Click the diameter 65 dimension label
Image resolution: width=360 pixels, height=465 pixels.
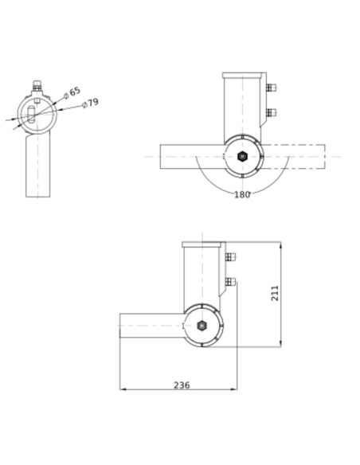[74, 92]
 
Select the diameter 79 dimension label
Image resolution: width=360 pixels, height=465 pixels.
[91, 103]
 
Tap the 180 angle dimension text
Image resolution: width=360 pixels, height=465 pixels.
[242, 194]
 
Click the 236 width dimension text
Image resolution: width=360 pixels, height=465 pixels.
[182, 385]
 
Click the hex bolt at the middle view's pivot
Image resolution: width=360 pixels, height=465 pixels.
[242, 156]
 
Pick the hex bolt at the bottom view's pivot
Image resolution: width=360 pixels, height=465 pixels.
[202, 326]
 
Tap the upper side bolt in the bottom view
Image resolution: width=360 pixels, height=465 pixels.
[230, 257]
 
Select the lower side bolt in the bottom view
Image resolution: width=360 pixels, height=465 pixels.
[230, 281]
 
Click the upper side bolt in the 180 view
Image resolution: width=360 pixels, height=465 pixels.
[271, 88]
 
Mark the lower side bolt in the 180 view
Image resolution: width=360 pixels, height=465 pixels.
[271, 112]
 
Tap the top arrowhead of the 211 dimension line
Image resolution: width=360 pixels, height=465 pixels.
[281, 245]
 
